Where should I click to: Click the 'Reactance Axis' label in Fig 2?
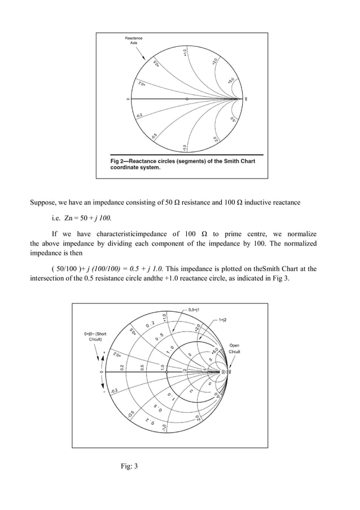tap(134, 41)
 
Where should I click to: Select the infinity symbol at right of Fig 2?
tap(247, 99)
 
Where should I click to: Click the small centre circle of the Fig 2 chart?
tap(187, 99)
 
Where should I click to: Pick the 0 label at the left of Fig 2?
tap(128, 99)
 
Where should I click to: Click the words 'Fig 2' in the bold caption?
tap(119, 161)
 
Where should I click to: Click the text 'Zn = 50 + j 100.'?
tap(78, 217)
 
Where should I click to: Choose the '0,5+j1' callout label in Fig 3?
tap(196, 310)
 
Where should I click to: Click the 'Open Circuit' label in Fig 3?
tap(234, 348)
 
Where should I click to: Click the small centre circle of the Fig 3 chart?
tap(166, 372)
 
